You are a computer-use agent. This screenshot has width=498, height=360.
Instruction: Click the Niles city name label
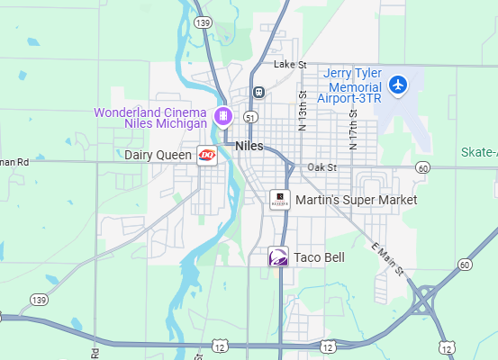(x=248, y=145)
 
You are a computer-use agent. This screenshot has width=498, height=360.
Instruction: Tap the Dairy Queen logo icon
(x=207, y=155)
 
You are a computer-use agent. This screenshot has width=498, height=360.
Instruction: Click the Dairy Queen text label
(x=158, y=155)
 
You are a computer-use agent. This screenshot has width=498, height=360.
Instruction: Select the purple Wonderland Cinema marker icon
(x=223, y=115)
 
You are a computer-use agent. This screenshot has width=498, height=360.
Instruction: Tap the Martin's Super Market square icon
(x=280, y=199)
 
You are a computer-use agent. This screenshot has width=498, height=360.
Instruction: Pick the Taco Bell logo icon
(x=279, y=257)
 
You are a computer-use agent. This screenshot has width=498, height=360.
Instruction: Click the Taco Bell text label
(x=319, y=257)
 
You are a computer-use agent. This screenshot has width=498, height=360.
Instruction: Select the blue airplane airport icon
(x=398, y=86)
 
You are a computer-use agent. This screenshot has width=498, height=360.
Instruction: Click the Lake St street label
(x=290, y=65)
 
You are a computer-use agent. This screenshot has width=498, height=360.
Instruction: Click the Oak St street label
(x=321, y=167)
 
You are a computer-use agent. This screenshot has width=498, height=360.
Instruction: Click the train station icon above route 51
(x=258, y=92)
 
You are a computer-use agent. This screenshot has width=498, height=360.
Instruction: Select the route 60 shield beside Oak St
(x=422, y=168)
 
